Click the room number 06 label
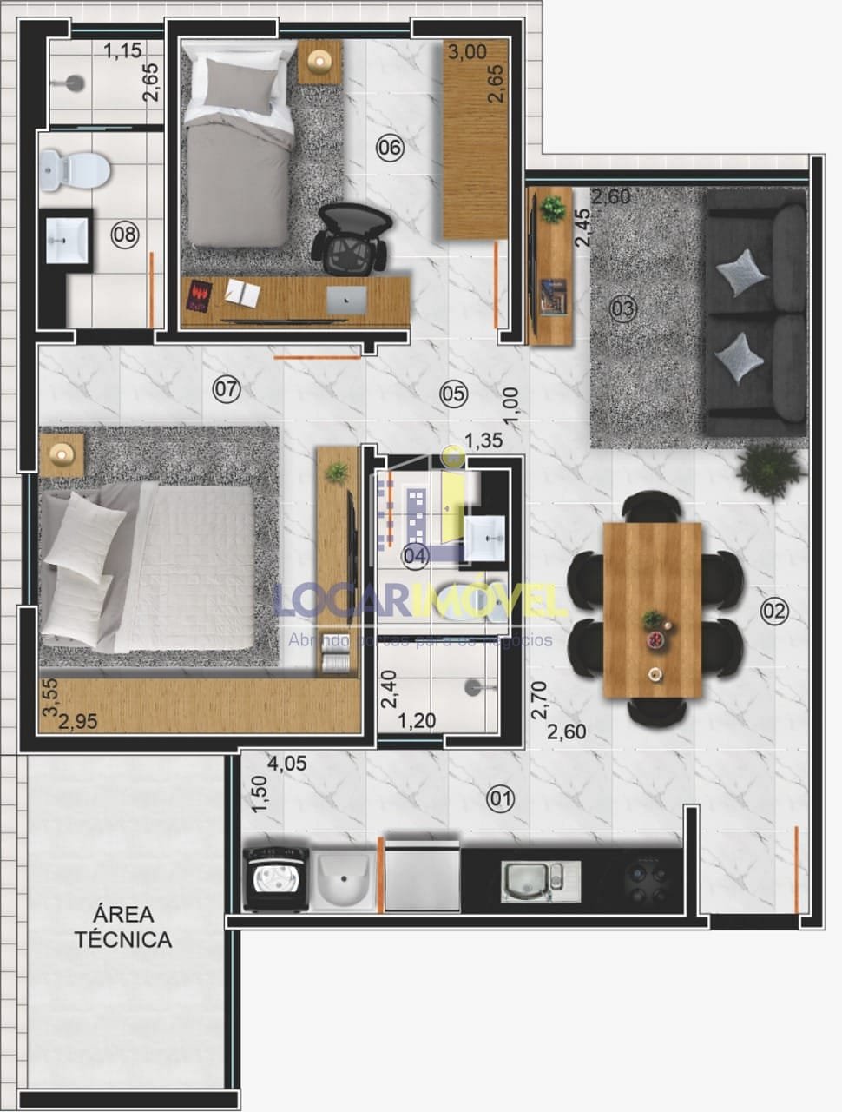[390, 148]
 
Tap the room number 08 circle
[124, 233]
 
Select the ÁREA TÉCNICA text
[122, 927]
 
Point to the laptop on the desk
[346, 300]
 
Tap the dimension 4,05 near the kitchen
[289, 764]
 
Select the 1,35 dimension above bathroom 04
[483, 440]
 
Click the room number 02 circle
[773, 612]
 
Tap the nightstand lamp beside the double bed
[62, 453]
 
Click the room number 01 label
[501, 798]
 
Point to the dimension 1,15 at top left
[122, 51]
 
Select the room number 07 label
[226, 390]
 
